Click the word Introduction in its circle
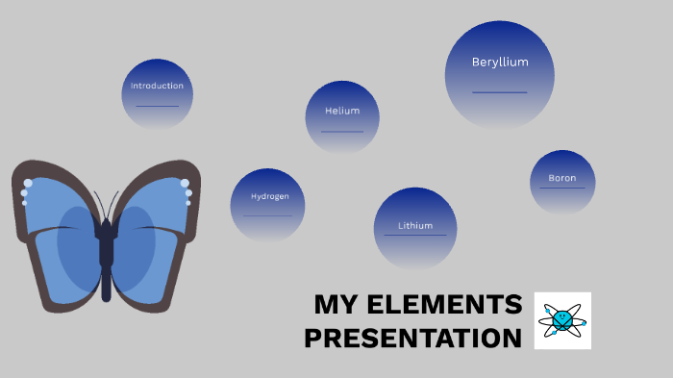(157, 86)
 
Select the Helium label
(342, 111)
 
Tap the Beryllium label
(500, 63)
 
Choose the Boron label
(562, 178)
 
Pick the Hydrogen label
(270, 196)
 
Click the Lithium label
(415, 226)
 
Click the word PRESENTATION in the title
(413, 339)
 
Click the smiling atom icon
(562, 319)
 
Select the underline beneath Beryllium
(500, 92)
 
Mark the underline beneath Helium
(342, 131)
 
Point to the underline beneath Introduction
(157, 106)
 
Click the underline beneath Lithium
(415, 236)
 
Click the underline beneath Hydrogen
(268, 215)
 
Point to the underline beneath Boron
(562, 188)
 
